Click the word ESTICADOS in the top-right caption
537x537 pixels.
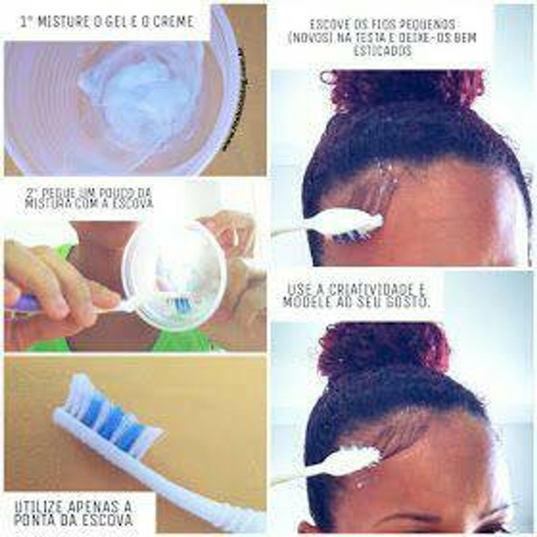pos(383,51)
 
